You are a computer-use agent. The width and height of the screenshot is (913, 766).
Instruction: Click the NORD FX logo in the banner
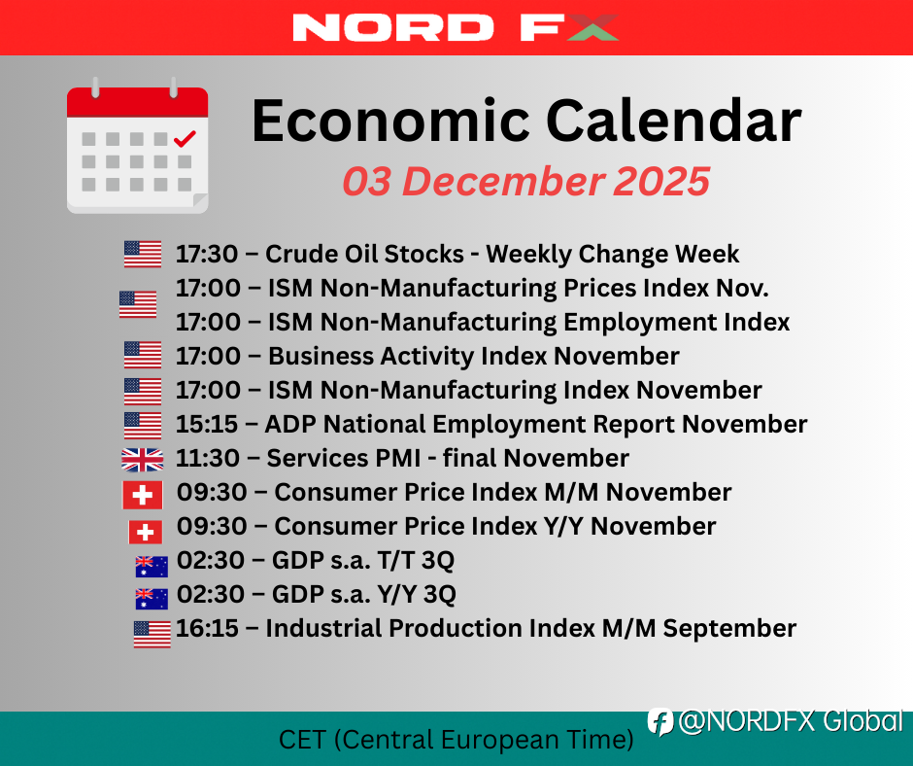point(456,27)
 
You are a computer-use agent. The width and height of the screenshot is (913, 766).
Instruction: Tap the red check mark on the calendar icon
point(186,139)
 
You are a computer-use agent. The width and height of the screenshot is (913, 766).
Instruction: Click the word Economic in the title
point(390,121)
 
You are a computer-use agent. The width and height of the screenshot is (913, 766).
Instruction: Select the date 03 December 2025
point(525,181)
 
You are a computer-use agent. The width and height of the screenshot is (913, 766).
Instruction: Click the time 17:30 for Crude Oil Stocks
point(207,254)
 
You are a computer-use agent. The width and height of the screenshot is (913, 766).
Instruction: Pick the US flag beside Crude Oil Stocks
point(143,254)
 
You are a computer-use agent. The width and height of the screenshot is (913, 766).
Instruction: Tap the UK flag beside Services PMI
point(142,460)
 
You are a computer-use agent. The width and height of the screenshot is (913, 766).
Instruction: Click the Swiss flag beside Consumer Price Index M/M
point(142,495)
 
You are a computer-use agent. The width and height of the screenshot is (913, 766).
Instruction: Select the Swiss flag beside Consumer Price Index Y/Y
point(145,532)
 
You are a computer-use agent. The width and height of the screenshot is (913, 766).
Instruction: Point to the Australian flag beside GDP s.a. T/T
point(152,567)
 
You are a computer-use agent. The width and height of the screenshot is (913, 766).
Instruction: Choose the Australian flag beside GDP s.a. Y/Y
point(152,599)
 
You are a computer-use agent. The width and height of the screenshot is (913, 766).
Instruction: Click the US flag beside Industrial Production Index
point(152,634)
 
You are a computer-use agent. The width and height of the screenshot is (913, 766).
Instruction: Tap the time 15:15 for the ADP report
point(207,425)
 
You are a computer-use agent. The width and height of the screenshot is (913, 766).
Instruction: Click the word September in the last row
point(729,629)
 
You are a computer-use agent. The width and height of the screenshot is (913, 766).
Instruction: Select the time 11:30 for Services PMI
point(207,458)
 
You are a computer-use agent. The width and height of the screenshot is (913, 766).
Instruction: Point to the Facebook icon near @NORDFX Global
point(660,722)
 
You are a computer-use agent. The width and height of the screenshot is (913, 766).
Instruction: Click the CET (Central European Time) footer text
point(456,740)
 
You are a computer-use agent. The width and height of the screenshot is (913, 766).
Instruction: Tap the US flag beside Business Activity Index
point(143,355)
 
